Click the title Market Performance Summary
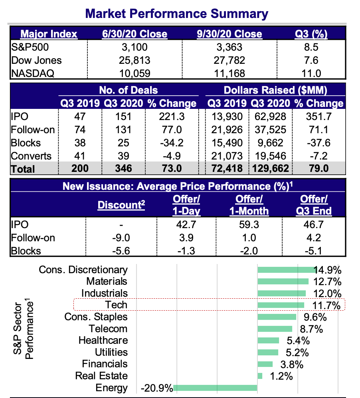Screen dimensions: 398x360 177,14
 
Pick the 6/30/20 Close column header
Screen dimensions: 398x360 135,34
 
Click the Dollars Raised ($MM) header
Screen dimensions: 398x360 275,90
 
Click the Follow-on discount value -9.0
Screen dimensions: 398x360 121,238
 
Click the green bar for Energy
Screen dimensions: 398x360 215,388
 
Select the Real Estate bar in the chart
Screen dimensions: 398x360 260,376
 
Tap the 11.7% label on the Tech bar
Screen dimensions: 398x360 327,305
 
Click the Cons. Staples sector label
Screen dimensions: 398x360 96,317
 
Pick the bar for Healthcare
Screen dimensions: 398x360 268,340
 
